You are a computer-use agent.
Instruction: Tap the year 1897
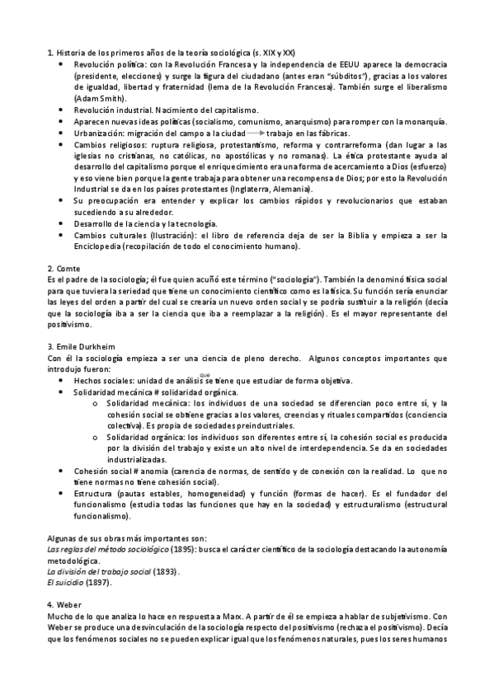pyautogui.click(x=98, y=582)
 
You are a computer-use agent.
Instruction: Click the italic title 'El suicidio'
pyautogui.click(x=67, y=582)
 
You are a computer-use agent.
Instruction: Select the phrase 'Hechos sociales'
pyautogui.click(x=102, y=380)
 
